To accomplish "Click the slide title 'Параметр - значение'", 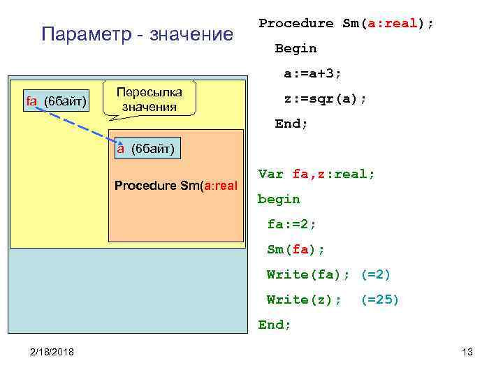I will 138,34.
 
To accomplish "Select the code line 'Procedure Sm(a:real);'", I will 346,23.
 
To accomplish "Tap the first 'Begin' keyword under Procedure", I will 296,48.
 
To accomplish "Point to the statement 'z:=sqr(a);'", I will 325,99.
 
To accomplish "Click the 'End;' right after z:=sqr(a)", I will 291,124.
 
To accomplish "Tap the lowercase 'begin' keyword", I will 279,199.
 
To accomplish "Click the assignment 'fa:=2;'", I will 292,224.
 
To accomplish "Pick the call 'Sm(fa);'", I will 296,249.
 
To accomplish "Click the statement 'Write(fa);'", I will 308,274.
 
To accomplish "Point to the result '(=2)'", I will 375,274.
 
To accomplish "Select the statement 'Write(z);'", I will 304,300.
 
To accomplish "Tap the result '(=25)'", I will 379,300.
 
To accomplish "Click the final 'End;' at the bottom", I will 274,325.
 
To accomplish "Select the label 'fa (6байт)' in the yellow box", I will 56,102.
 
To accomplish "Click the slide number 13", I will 467,351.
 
